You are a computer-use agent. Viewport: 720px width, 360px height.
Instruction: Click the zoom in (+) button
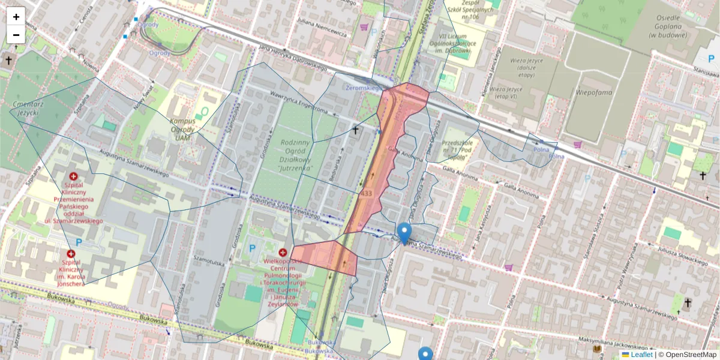(16, 17)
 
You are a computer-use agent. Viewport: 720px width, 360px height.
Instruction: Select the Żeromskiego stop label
(364, 88)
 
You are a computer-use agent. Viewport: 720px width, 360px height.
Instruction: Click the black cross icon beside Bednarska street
(355, 130)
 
